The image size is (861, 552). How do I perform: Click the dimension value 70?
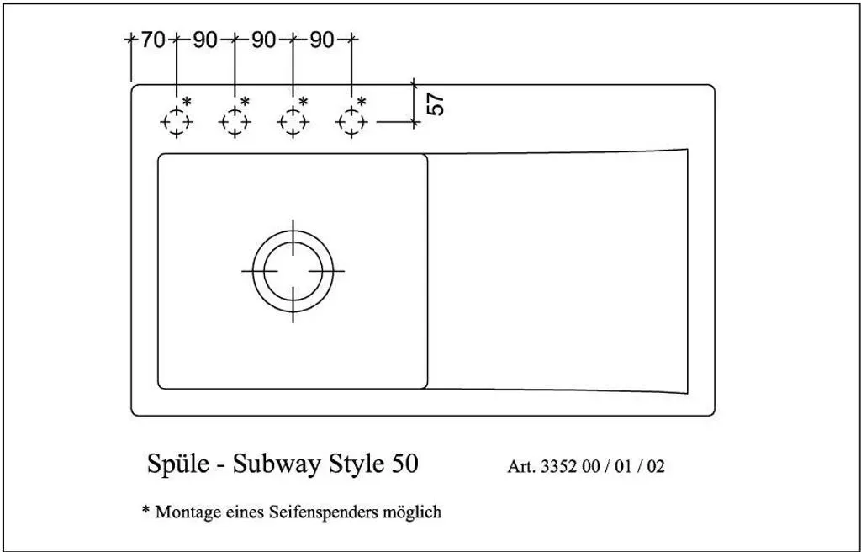coord(153,40)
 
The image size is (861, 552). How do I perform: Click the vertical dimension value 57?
coord(436,103)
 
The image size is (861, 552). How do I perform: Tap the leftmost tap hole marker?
coord(177,121)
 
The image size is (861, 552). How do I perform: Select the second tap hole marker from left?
coord(235,121)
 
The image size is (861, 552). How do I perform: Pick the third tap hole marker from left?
coord(293,121)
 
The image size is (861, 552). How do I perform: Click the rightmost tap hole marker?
coord(351,121)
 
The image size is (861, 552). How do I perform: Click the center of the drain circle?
coord(293,270)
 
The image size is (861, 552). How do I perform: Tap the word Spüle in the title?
coord(178,464)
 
